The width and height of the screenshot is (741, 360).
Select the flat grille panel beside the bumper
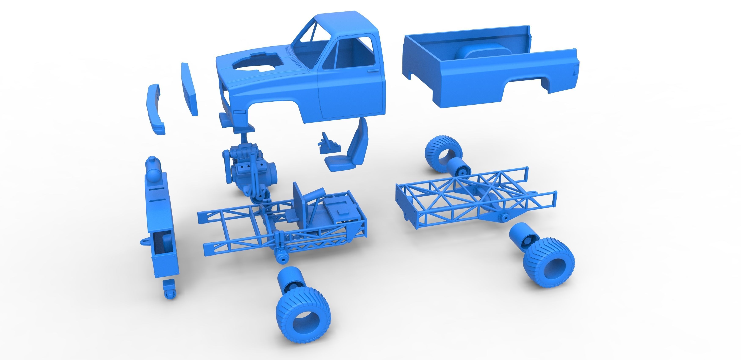point(189,89)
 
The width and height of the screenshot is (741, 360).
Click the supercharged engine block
point(247,170)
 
